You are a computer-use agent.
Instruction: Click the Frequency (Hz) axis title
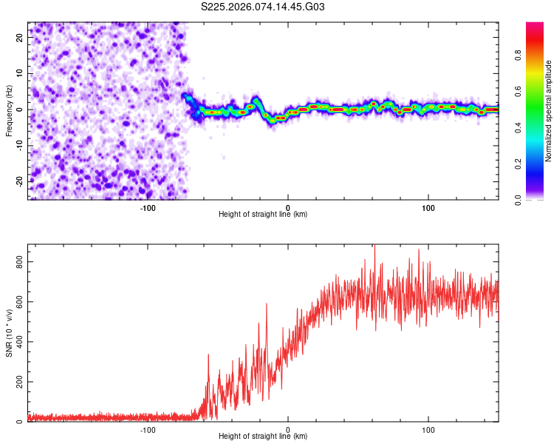(9, 110)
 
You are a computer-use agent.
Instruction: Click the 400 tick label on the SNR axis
(16, 342)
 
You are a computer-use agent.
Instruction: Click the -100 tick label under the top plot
(147, 207)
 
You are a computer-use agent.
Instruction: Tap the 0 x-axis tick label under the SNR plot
(288, 429)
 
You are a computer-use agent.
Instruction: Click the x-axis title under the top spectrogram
(263, 215)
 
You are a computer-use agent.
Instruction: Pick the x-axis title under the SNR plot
(263, 437)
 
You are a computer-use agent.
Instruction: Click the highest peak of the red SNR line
(375, 245)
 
